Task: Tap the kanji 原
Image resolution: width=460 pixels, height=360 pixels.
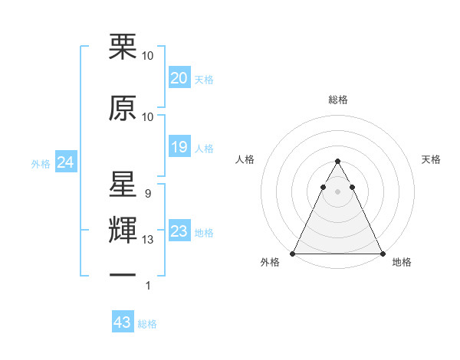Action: point(123,109)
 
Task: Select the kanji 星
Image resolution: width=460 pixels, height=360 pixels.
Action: point(123,185)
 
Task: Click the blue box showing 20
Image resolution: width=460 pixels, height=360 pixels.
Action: point(179,78)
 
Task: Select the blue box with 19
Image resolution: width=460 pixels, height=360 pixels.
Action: point(179,147)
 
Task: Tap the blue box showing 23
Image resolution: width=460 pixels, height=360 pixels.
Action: point(179,231)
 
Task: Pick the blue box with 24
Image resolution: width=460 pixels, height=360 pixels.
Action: point(65,162)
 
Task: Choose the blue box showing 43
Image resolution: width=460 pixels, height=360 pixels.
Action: point(123,322)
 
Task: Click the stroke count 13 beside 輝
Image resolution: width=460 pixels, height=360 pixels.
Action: point(148,241)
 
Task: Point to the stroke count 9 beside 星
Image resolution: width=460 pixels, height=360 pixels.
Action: point(147,195)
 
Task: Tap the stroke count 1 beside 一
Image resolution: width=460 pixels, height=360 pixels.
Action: point(148,286)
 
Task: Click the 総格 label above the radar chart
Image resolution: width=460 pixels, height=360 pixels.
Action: point(338,100)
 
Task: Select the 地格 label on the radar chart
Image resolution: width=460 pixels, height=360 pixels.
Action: point(402,262)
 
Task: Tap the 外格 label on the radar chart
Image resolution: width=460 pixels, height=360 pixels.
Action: point(271,262)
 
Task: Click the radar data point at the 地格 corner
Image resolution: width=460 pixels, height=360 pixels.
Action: point(383,253)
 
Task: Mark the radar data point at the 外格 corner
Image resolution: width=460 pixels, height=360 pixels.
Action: point(293,253)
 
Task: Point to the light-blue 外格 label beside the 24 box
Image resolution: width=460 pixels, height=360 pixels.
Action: point(41,163)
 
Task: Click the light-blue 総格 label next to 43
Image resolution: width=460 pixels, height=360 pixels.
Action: point(147,324)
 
